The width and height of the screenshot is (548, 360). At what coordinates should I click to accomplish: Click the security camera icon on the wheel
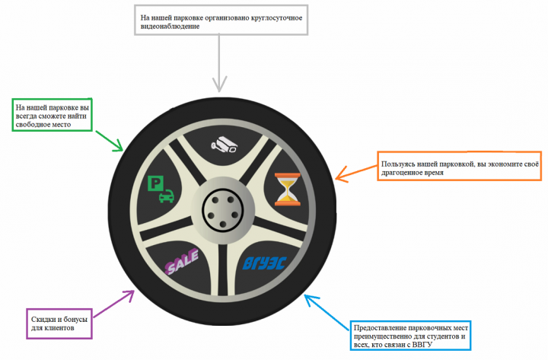coord(225,145)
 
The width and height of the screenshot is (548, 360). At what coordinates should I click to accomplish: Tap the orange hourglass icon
coord(287,189)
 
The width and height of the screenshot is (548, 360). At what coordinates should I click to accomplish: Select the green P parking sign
coord(155,183)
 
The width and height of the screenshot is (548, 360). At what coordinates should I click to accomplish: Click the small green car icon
coord(167,196)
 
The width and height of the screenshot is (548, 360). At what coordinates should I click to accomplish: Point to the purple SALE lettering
coord(182,261)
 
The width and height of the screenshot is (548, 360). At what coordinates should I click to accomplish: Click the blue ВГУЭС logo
coord(265,263)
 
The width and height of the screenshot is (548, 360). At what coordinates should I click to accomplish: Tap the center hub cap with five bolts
coord(222,210)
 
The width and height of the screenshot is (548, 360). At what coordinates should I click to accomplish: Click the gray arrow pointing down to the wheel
coord(219,63)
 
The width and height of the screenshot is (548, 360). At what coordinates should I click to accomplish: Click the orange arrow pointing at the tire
coord(356,174)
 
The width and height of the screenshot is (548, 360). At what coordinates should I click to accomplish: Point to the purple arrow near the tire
coord(114,304)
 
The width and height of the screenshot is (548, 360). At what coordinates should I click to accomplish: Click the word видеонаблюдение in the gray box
coord(170,27)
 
